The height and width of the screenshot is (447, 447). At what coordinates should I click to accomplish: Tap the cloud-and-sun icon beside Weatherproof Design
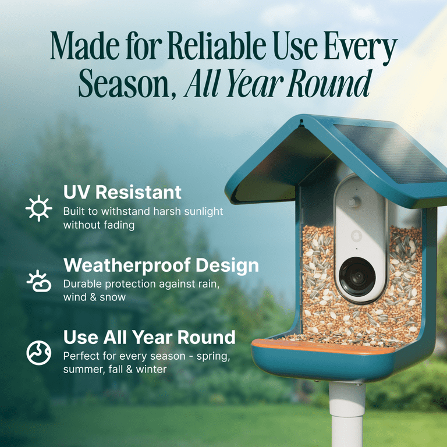39,281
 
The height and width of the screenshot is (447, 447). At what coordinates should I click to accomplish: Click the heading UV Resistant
122,192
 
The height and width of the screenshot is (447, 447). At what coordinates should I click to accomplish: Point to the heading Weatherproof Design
161,265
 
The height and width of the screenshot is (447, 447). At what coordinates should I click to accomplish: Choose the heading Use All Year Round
149,337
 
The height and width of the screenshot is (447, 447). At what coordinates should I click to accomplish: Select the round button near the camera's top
352,201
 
